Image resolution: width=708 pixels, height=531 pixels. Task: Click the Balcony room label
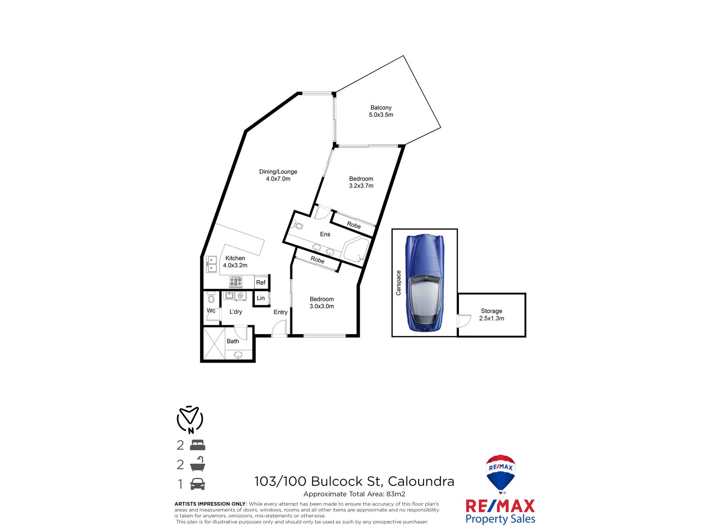coord(381,108)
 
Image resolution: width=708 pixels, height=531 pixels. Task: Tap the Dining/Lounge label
coord(278,172)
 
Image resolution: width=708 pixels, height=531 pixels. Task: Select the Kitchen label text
coord(235,258)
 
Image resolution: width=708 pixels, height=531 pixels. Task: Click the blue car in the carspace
coord(424,283)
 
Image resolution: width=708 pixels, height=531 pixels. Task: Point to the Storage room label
coord(491,311)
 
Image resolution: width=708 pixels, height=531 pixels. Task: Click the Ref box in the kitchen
coord(261,282)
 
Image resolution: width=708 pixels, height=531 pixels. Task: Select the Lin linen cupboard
coord(261,298)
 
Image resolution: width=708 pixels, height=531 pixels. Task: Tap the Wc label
coord(211,310)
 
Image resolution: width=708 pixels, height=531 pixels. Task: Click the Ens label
coord(325,234)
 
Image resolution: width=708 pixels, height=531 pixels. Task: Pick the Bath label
coord(233,341)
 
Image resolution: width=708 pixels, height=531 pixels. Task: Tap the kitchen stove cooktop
coord(235,281)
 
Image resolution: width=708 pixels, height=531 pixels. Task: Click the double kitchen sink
coord(212,264)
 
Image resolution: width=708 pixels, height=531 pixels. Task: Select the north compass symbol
coord(190,419)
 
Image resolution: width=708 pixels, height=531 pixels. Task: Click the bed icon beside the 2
coord(197,445)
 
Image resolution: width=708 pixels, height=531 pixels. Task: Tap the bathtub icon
coord(197,464)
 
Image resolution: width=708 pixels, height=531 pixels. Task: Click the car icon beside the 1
coord(197,484)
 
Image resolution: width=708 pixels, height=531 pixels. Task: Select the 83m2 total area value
coord(396,494)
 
